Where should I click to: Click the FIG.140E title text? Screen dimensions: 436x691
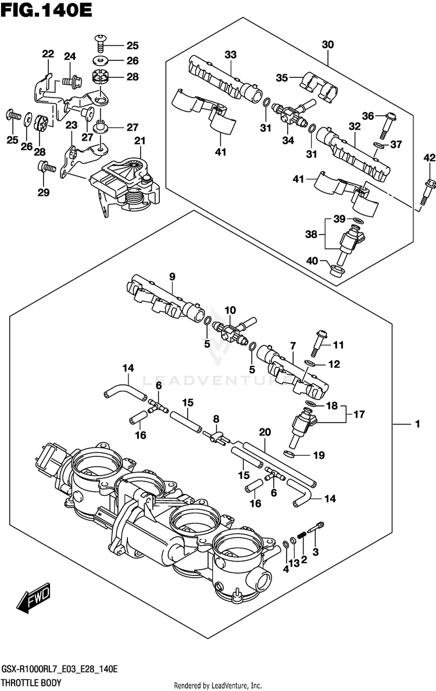(x=47, y=9)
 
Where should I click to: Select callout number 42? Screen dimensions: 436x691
(x=430, y=158)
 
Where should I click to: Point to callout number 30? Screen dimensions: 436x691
(x=327, y=45)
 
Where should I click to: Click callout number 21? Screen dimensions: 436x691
(x=140, y=141)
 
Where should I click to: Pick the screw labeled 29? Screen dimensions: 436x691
(x=45, y=167)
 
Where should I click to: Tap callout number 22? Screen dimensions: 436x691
(x=48, y=54)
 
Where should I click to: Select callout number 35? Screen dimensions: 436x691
(x=282, y=78)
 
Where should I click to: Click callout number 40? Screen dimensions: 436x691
(x=312, y=261)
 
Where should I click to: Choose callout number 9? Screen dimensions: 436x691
(x=172, y=277)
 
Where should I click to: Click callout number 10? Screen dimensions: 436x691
(x=230, y=310)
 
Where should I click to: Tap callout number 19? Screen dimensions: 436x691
(x=319, y=455)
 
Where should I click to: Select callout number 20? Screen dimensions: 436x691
(x=265, y=433)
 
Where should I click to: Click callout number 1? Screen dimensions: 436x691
(x=417, y=424)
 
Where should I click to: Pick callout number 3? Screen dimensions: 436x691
(x=315, y=552)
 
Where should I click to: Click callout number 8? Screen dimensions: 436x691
(x=216, y=419)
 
